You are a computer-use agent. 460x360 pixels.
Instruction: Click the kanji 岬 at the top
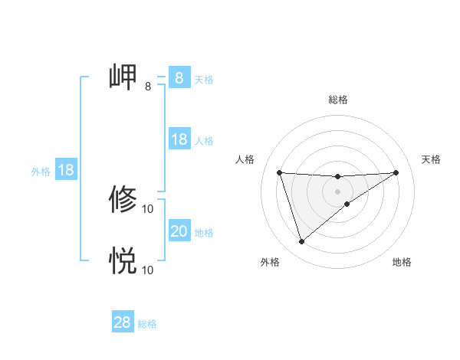click(123, 77)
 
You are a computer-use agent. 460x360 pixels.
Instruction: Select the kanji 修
click(123, 199)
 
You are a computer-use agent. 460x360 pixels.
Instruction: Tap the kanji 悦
click(123, 260)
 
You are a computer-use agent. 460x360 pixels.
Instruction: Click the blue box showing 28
click(123, 322)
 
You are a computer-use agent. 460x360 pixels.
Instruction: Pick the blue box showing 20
click(179, 231)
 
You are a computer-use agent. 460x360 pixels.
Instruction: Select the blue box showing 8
click(179, 77)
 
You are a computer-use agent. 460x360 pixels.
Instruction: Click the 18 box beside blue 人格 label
click(179, 139)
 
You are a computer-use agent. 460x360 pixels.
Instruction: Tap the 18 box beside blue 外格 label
click(66, 170)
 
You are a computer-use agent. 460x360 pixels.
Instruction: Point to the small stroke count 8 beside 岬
click(148, 87)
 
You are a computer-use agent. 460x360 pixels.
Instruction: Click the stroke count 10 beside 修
click(148, 208)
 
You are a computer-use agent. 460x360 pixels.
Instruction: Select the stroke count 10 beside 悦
click(148, 270)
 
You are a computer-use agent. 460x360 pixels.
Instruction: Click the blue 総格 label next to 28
click(147, 324)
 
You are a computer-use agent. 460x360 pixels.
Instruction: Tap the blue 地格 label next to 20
click(204, 233)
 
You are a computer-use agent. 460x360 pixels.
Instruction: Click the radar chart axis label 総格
click(337, 100)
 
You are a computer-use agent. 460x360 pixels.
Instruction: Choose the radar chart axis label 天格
click(431, 159)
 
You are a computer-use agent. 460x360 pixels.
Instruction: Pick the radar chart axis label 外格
click(270, 262)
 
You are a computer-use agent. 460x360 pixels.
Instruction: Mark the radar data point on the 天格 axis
click(396, 172)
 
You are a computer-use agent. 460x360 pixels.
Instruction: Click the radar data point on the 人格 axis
click(279, 172)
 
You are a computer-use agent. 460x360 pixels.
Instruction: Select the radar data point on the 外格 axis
click(301, 242)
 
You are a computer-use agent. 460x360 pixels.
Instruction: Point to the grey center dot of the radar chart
click(337, 191)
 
